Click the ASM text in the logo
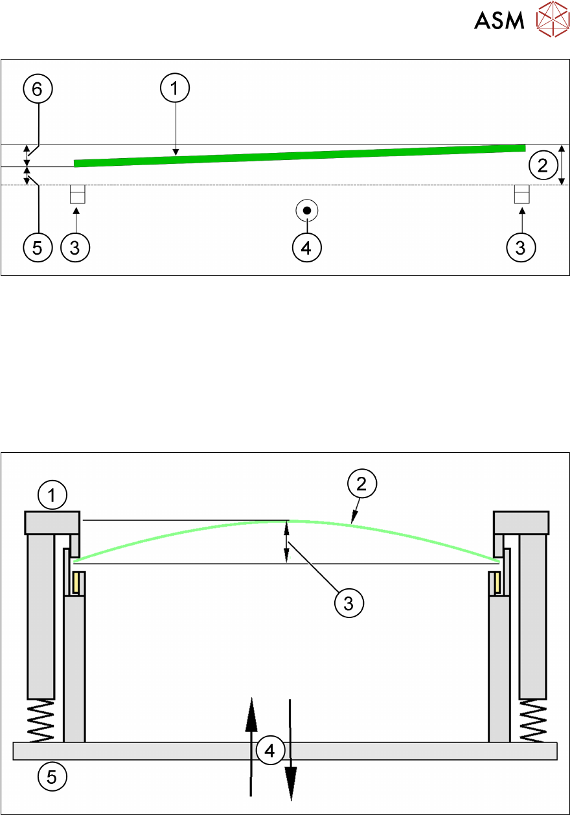coord(499,20)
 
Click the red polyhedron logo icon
coord(553,19)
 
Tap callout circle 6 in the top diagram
coord(38,89)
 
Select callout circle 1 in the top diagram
coord(175,88)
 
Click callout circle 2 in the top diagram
coord(543,165)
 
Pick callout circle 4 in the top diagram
coord(306,247)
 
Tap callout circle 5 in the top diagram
coord(38,247)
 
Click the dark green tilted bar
coord(300,155)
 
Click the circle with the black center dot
coord(306,211)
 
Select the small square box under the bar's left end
coord(78,194)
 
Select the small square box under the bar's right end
coord(521,194)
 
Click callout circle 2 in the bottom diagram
coord(362,483)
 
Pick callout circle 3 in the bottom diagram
coord(349,603)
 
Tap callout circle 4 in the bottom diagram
coord(270,750)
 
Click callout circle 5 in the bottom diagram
coord(52,776)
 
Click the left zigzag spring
coord(41,720)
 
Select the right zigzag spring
coord(533,720)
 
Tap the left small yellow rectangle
coord(76,583)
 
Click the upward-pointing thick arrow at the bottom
coord(251,747)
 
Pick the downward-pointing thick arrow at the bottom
coord(290,750)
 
